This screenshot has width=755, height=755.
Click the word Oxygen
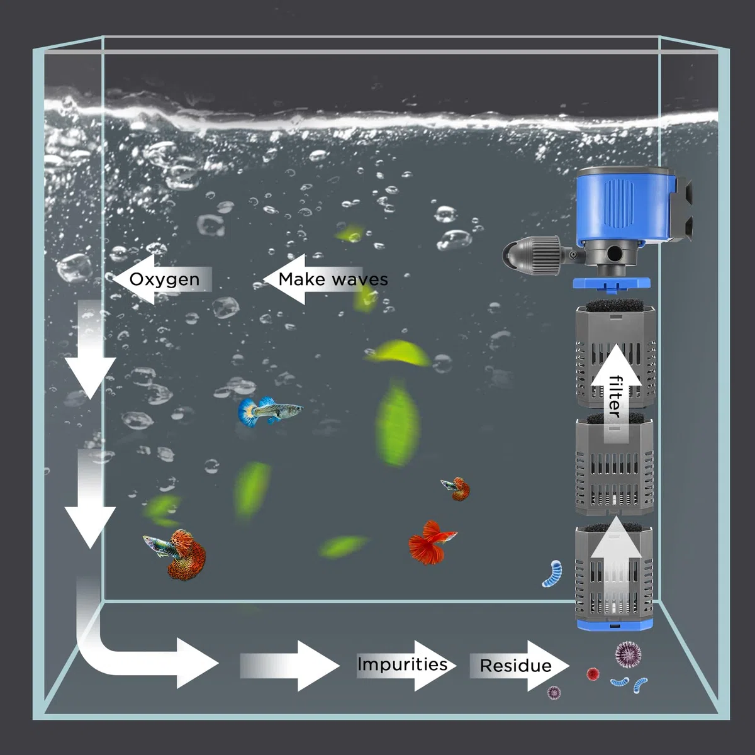[164, 279]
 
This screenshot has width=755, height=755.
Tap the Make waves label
[333, 279]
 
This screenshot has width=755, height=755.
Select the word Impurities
[403, 664]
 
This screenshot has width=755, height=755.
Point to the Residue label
[516, 666]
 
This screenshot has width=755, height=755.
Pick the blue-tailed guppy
[271, 411]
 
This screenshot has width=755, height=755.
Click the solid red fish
[431, 542]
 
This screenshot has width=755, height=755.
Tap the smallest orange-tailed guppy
[456, 489]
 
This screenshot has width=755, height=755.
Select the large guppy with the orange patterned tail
[176, 553]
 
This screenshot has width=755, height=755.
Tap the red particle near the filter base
[593, 674]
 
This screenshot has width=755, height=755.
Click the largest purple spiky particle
[628, 654]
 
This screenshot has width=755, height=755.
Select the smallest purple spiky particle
[554, 693]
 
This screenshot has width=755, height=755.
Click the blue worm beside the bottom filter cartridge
[552, 573]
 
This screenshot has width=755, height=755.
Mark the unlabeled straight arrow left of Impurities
[289, 666]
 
